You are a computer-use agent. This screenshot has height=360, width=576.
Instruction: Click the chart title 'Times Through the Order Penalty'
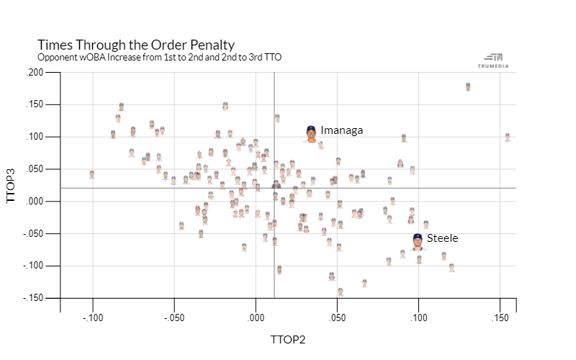pyautogui.click(x=135, y=45)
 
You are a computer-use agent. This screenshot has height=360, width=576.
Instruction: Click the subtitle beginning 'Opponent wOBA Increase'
pyautogui.click(x=153, y=56)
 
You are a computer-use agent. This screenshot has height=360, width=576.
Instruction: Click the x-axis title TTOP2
pyautogui.click(x=288, y=339)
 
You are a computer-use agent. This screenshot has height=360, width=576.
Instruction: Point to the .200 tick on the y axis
pyautogui.click(x=35, y=73)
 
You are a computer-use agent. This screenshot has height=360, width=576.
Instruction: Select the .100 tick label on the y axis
pyautogui.click(x=35, y=137)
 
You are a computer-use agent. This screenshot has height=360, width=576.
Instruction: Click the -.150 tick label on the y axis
pyautogui.click(x=33, y=298)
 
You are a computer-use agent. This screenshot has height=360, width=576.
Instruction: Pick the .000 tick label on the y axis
pyautogui.click(x=35, y=202)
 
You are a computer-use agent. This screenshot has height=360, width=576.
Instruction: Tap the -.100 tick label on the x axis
pyautogui.click(x=92, y=318)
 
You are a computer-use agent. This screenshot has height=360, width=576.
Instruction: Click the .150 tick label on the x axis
pyautogui.click(x=500, y=318)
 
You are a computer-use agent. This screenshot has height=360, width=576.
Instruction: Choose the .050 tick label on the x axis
pyautogui.click(x=337, y=318)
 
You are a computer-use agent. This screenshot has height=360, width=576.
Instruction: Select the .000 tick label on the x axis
pyautogui.click(x=256, y=318)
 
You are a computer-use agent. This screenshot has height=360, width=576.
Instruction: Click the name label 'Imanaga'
pyautogui.click(x=341, y=130)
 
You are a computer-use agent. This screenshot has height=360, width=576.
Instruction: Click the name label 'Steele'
pyautogui.click(x=442, y=238)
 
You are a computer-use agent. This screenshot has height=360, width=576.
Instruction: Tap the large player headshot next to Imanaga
pyautogui.click(x=310, y=133)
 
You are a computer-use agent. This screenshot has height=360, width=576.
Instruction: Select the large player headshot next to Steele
pyautogui.click(x=418, y=241)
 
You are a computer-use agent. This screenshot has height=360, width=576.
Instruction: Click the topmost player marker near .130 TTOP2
pyautogui.click(x=468, y=86)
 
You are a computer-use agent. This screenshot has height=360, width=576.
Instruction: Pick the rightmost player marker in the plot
pyautogui.click(x=508, y=137)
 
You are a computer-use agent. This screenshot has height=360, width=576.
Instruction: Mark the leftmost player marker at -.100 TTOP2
pyautogui.click(x=92, y=174)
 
